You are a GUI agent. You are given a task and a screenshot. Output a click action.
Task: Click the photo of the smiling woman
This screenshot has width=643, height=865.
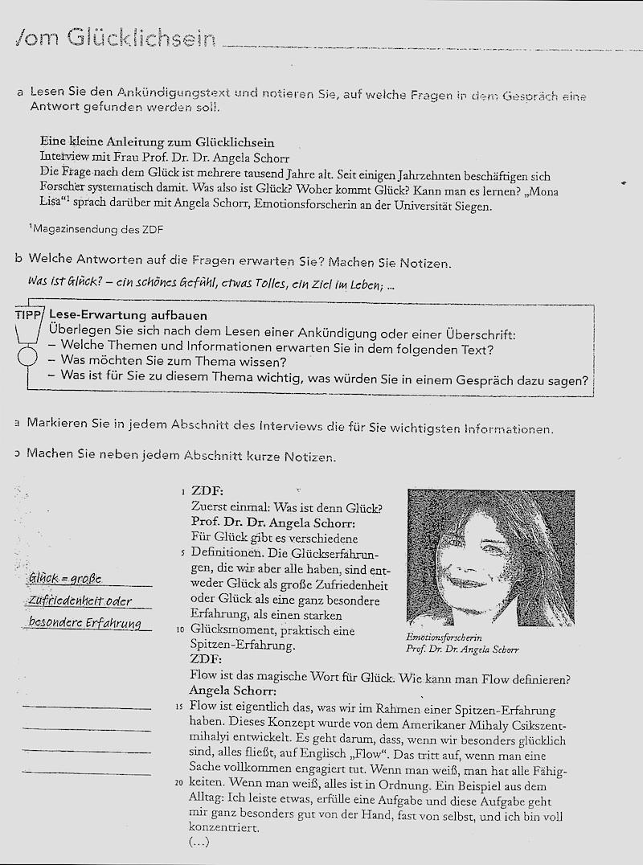point(490,557)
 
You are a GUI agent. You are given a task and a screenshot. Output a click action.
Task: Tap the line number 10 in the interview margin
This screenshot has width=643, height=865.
point(181,630)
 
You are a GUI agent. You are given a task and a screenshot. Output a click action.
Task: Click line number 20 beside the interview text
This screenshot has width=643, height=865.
point(181,782)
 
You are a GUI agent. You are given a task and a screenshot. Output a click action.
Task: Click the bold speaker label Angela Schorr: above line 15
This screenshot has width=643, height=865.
point(232,691)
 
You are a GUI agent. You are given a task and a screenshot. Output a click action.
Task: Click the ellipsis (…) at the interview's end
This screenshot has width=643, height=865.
point(199,842)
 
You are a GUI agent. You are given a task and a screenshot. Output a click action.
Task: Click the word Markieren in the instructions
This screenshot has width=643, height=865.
point(59,423)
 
